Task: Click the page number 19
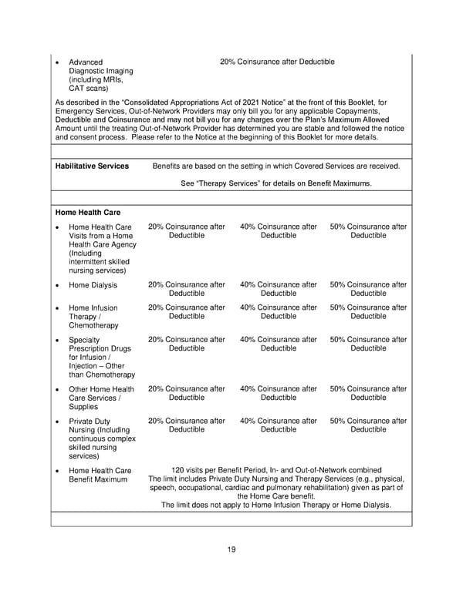(231, 549)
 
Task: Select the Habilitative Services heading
(92, 166)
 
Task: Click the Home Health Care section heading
(88, 212)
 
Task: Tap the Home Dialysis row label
(93, 285)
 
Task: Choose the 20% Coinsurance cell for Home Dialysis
(187, 289)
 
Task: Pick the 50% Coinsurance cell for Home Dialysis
(368, 289)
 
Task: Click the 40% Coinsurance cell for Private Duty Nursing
(278, 425)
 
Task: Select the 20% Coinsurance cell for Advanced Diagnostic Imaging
(277, 62)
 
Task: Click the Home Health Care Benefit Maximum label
(100, 475)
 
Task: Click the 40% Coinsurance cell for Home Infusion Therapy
(278, 312)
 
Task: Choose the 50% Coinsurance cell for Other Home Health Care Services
(368, 393)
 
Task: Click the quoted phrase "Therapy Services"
(229, 183)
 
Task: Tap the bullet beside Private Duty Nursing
(59, 422)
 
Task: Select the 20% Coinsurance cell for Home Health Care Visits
(187, 231)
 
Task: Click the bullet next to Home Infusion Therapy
(59, 308)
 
